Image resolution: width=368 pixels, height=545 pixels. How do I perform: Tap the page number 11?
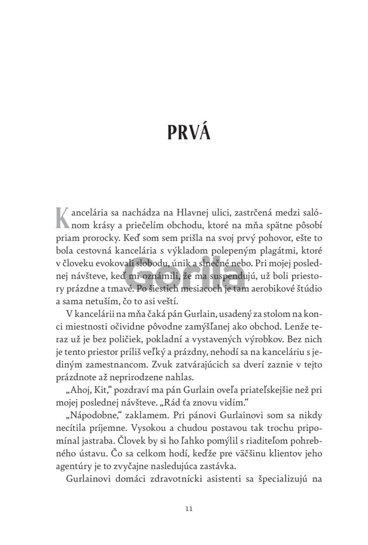tap(189, 509)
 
